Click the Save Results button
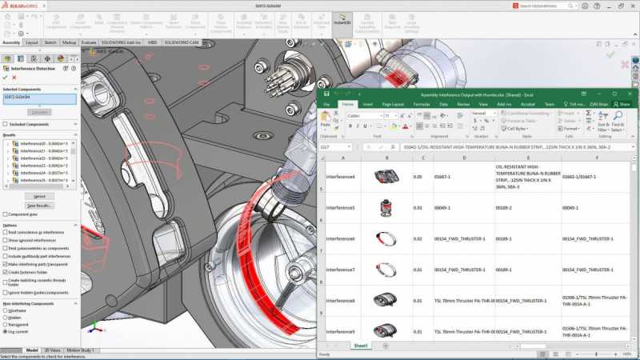[x=39, y=206]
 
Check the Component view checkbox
[x=5, y=214]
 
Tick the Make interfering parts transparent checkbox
[x=5, y=264]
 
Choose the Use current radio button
[x=5, y=331]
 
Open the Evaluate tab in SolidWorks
[x=89, y=42]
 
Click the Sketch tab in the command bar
[x=50, y=42]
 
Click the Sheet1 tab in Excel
[x=362, y=346]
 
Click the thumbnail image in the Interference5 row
[x=386, y=207]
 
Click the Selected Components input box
[x=39, y=99]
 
